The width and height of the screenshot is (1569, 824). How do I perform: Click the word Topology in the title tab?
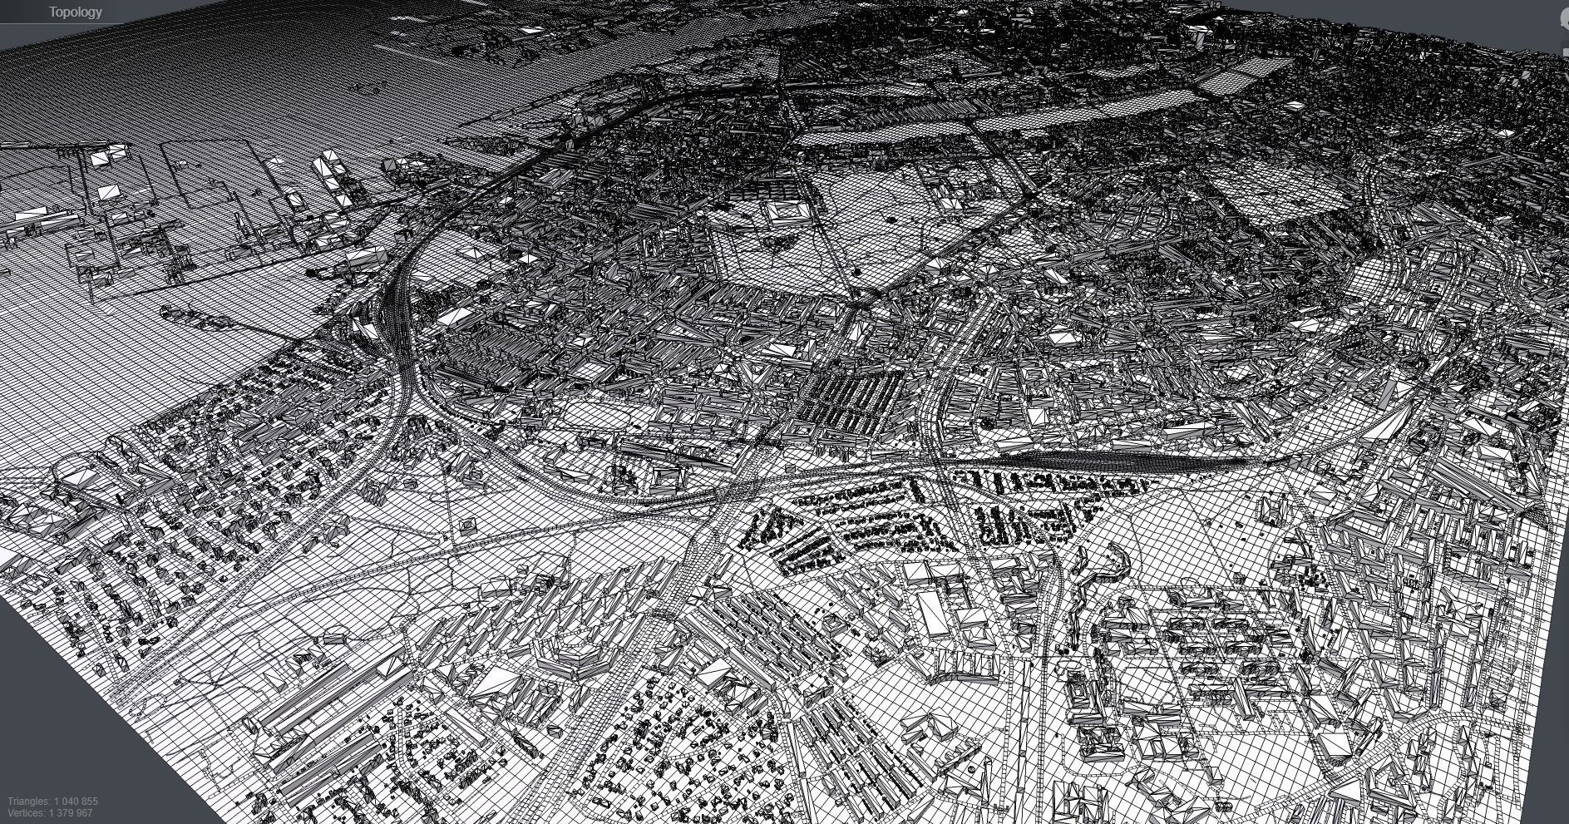tap(75, 12)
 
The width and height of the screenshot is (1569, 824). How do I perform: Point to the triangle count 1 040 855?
tap(76, 802)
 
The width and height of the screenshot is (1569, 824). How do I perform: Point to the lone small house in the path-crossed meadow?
tap(467, 525)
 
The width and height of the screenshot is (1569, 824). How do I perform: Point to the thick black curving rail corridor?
tap(399, 333)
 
